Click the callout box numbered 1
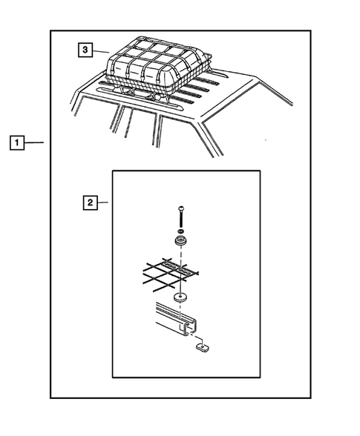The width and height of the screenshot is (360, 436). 17,142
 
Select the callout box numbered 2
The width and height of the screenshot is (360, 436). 91,202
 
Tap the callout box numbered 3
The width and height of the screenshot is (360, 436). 85,50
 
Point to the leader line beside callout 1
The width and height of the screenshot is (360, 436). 34,142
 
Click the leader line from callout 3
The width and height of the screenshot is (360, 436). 101,51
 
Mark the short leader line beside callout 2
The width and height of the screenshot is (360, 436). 102,202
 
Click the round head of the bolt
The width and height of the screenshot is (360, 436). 181,208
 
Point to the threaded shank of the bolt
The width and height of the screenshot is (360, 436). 181,219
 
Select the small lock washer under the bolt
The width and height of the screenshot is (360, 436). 181,231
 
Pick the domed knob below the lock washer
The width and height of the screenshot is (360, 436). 181,240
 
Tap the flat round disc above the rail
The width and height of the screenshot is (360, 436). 180,298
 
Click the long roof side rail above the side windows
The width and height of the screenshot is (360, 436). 140,99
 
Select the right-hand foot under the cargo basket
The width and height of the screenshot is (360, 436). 155,97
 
